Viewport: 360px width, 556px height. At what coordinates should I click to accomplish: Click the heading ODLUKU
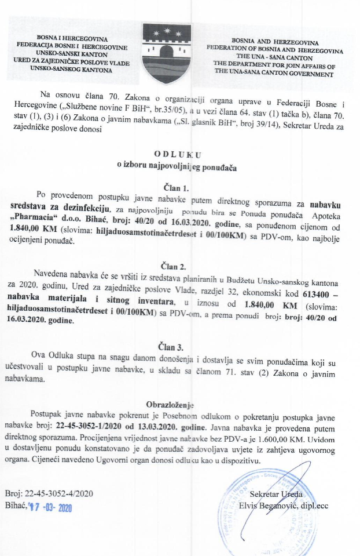(179, 155)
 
